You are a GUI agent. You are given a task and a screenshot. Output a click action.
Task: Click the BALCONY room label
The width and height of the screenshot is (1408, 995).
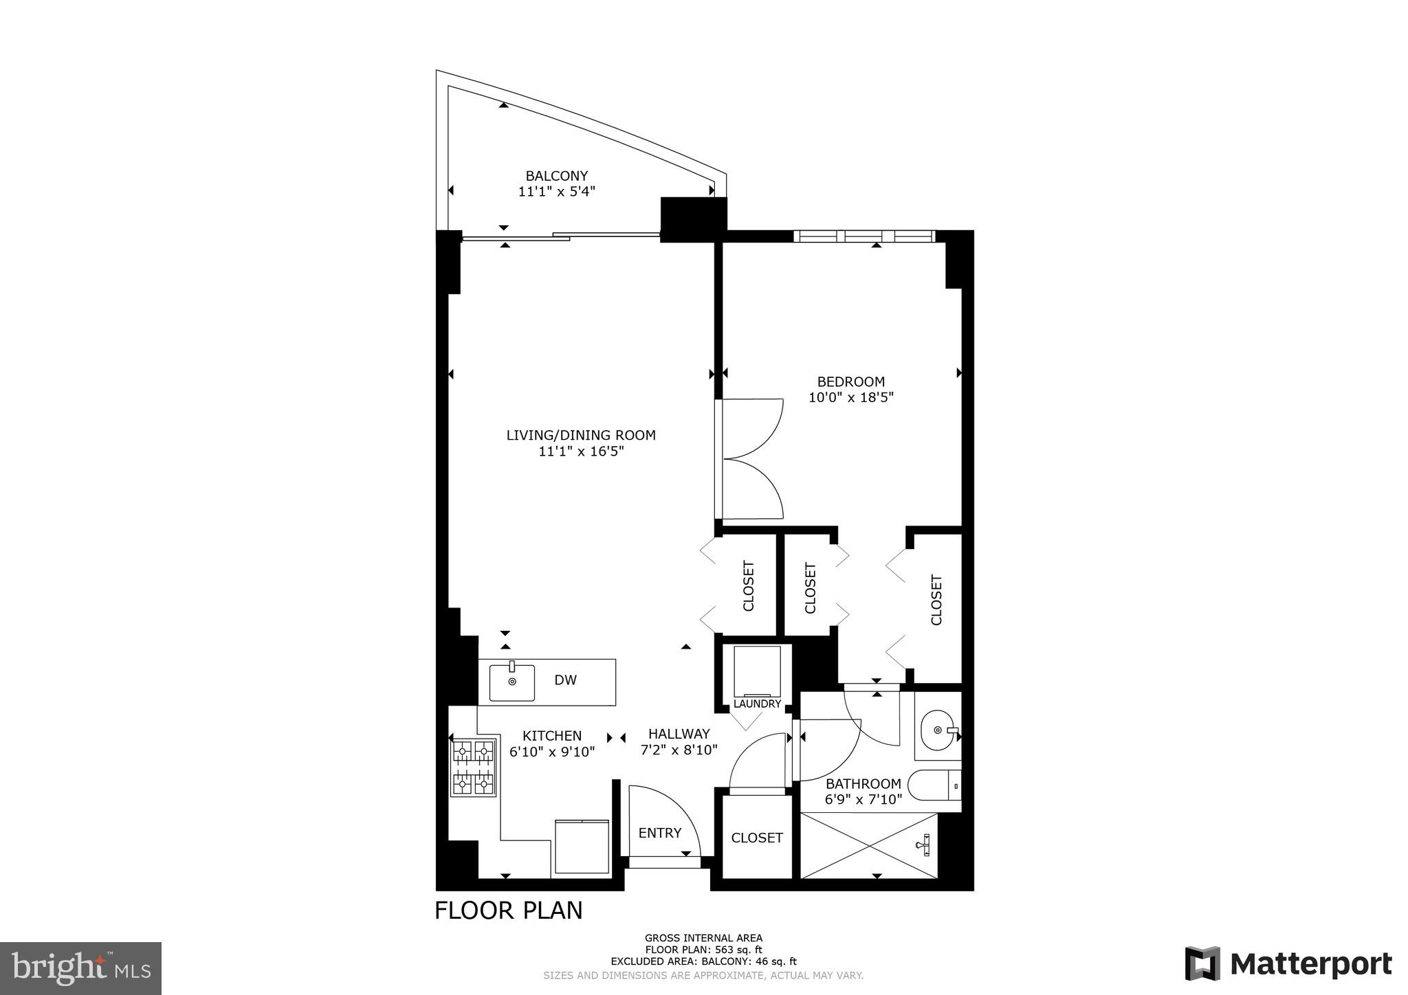pyautogui.click(x=556, y=176)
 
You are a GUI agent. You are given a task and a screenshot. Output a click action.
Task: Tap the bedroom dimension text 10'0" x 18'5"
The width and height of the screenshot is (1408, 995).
pyautogui.click(x=850, y=397)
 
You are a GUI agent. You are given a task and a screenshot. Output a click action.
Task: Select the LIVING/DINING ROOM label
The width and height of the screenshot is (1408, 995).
pyautogui.click(x=581, y=435)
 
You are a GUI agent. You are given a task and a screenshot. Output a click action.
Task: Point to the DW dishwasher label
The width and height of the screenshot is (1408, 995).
pyautogui.click(x=565, y=680)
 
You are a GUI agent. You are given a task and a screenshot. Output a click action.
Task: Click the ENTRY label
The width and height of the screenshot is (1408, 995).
pyautogui.click(x=659, y=833)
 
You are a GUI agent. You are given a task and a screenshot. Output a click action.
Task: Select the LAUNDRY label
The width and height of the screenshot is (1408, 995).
pyautogui.click(x=757, y=704)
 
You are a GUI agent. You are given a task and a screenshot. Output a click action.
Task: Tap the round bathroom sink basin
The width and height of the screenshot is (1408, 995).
pyautogui.click(x=936, y=730)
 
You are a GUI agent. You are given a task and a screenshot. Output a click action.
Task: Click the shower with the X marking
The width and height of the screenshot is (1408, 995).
pyautogui.click(x=869, y=845)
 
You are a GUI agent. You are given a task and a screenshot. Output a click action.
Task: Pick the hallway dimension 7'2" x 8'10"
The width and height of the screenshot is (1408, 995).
pyautogui.click(x=679, y=750)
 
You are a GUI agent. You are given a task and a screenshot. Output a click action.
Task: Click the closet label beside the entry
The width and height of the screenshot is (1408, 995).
pyautogui.click(x=756, y=838)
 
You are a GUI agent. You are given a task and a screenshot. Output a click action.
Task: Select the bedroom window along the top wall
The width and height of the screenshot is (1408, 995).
pyautogui.click(x=864, y=236)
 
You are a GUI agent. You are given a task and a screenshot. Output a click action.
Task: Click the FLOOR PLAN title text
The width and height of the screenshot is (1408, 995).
pyautogui.click(x=508, y=910)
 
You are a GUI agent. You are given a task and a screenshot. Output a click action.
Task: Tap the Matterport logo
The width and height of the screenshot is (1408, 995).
pyautogui.click(x=1288, y=963)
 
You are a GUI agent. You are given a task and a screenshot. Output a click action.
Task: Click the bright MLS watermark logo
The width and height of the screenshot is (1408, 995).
pyautogui.click(x=80, y=968)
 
